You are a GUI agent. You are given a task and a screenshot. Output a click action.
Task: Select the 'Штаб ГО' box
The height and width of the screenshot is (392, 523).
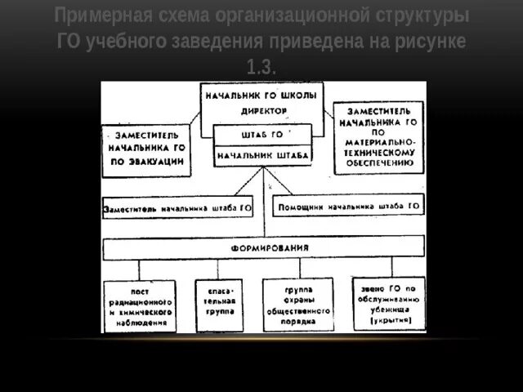click(261, 135)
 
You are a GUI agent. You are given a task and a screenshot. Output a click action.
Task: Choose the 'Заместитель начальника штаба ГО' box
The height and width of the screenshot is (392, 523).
click(178, 208)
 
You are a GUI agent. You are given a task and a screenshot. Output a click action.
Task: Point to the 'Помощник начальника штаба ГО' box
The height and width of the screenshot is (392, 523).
click(349, 207)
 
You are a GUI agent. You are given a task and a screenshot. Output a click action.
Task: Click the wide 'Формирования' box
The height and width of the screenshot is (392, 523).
click(263, 247)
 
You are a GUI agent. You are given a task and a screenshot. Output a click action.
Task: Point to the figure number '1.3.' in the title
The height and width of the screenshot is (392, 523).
click(261, 66)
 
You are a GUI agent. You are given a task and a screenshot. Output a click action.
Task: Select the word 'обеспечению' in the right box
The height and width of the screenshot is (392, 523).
click(379, 163)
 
